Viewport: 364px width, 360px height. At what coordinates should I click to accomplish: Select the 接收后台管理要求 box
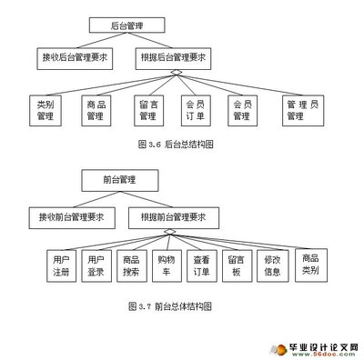point(73,58)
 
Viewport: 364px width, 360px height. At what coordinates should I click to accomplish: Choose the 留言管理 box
point(149,110)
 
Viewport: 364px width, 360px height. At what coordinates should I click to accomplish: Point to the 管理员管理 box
point(296,110)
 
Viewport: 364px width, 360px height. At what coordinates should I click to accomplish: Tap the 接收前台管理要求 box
point(71,218)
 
